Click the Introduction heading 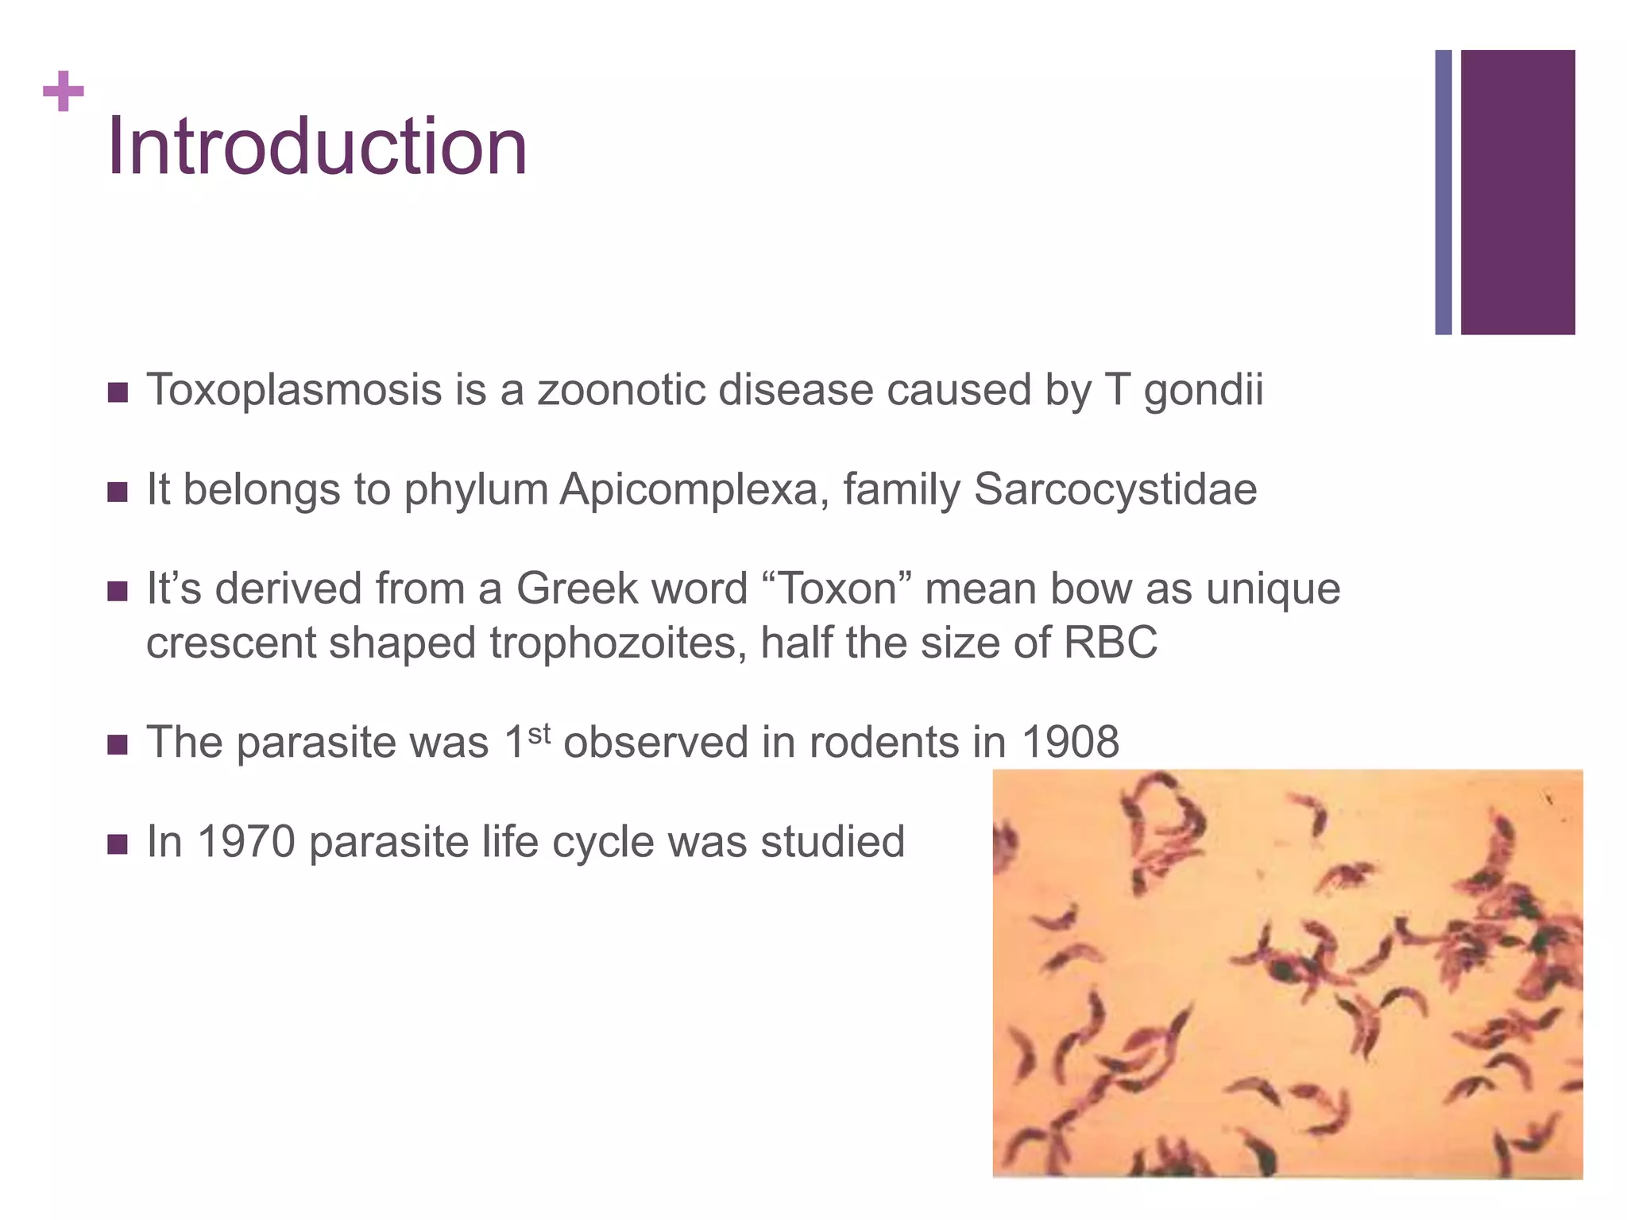317,147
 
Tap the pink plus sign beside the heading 64,91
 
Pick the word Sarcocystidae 1115,489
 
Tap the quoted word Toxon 837,589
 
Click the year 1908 1070,743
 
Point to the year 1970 245,842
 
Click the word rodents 883,743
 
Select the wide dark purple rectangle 1517,192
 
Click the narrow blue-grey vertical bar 1443,192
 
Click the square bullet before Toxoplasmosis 118,392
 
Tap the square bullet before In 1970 118,844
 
